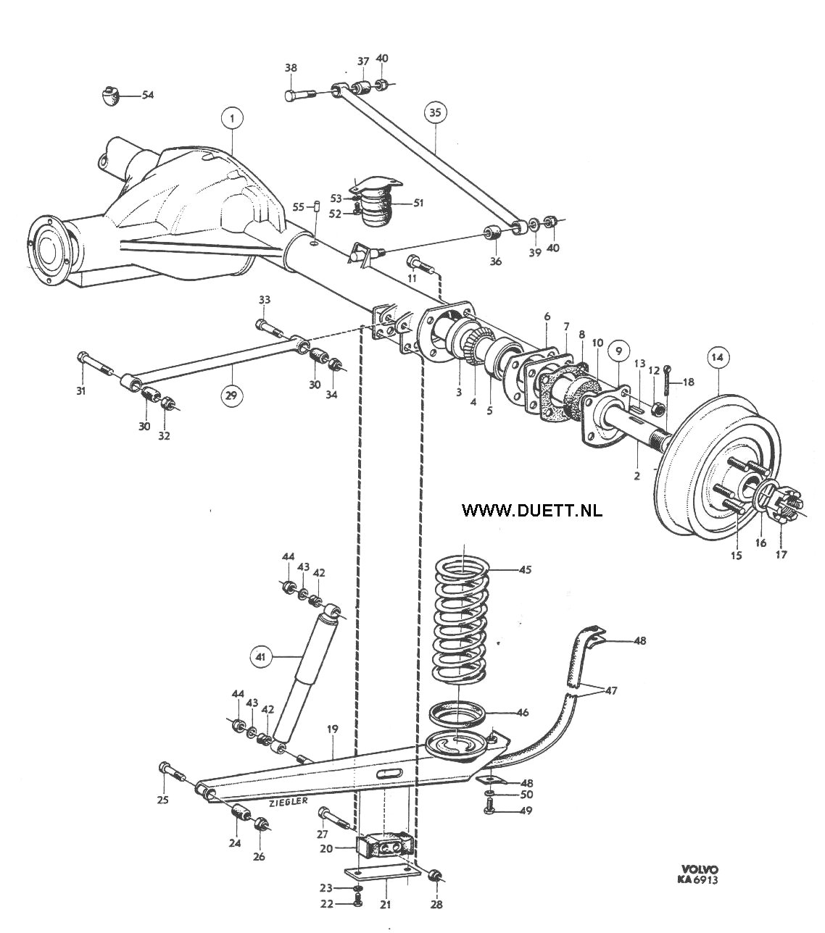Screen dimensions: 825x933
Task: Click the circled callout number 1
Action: click(x=232, y=119)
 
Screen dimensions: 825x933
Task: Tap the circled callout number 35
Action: click(x=435, y=112)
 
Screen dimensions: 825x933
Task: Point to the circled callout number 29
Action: click(x=231, y=395)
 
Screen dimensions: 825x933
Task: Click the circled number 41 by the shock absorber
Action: click(x=261, y=657)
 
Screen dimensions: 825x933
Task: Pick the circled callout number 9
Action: click(x=618, y=351)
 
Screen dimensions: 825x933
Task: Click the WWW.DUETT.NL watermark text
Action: click(x=531, y=510)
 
